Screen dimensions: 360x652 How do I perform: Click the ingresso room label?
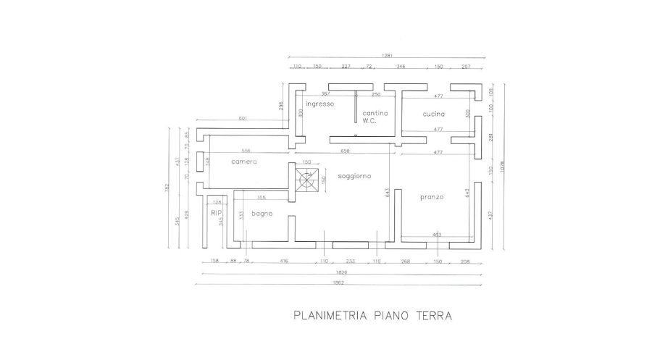pos(319,104)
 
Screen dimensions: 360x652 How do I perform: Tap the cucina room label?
pos(434,114)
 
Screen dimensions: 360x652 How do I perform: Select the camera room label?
pos(244,162)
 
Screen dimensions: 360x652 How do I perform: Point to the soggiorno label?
pos(354,176)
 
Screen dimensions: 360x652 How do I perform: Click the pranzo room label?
pos(432,196)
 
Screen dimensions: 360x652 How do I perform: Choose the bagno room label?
pos(262,214)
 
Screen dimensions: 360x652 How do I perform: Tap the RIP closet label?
pos(214,213)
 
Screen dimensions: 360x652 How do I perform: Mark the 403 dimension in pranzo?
pos(437,235)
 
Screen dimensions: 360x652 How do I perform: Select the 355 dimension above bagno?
pos(262,197)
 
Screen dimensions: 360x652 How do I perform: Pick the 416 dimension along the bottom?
pos(283,261)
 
